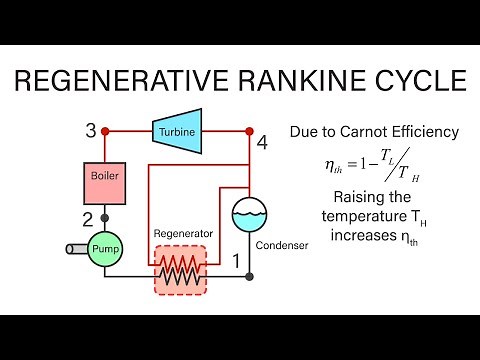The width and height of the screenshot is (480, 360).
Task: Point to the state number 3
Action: pos(90,131)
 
